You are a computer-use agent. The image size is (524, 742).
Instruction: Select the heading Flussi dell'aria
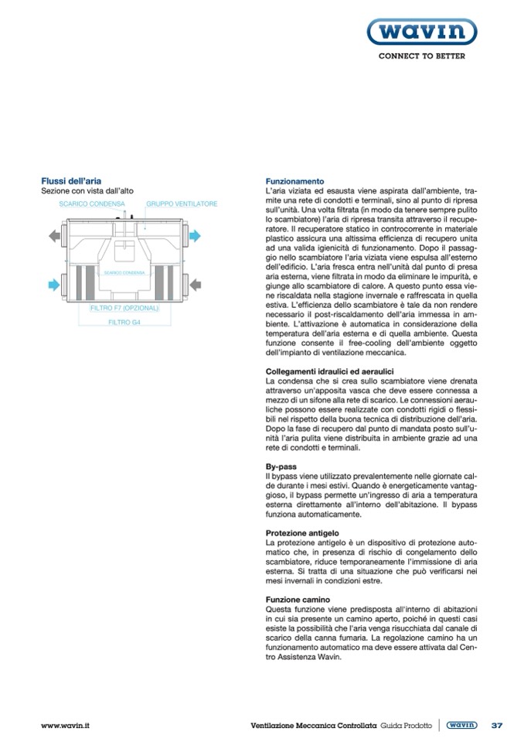(x=71, y=180)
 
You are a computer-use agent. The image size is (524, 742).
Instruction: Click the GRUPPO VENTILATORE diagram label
(x=182, y=204)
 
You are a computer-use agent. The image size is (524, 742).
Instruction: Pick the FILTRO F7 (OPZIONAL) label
(x=124, y=308)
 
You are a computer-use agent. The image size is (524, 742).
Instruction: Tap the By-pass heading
(x=281, y=467)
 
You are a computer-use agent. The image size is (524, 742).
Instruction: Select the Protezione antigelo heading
(x=302, y=534)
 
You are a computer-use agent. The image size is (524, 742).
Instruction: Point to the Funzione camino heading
(x=298, y=600)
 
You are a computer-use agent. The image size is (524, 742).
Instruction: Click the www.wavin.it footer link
(x=66, y=725)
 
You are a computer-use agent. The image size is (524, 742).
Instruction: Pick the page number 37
(x=496, y=725)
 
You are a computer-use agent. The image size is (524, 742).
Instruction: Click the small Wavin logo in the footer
(x=462, y=725)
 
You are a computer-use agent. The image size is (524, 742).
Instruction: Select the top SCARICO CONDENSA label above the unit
(x=92, y=204)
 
